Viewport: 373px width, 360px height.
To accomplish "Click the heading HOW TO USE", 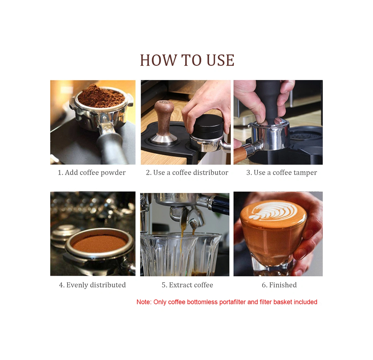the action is pos(187,60).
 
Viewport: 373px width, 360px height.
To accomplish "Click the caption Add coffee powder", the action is pos(95,173).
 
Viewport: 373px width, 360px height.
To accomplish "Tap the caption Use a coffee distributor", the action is pos(191,173).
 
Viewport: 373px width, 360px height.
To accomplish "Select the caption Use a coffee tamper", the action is pos(285,173).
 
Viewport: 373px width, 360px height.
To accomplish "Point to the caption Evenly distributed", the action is pos(96,285).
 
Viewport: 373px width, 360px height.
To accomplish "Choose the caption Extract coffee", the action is pos(191,285).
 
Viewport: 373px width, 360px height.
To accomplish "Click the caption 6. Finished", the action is pos(279,285).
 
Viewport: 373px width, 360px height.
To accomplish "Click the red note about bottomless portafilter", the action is pos(227,302).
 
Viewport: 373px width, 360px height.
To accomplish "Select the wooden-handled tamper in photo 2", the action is pos(164,123).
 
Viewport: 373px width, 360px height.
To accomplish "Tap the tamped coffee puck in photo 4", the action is pos(99,243).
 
